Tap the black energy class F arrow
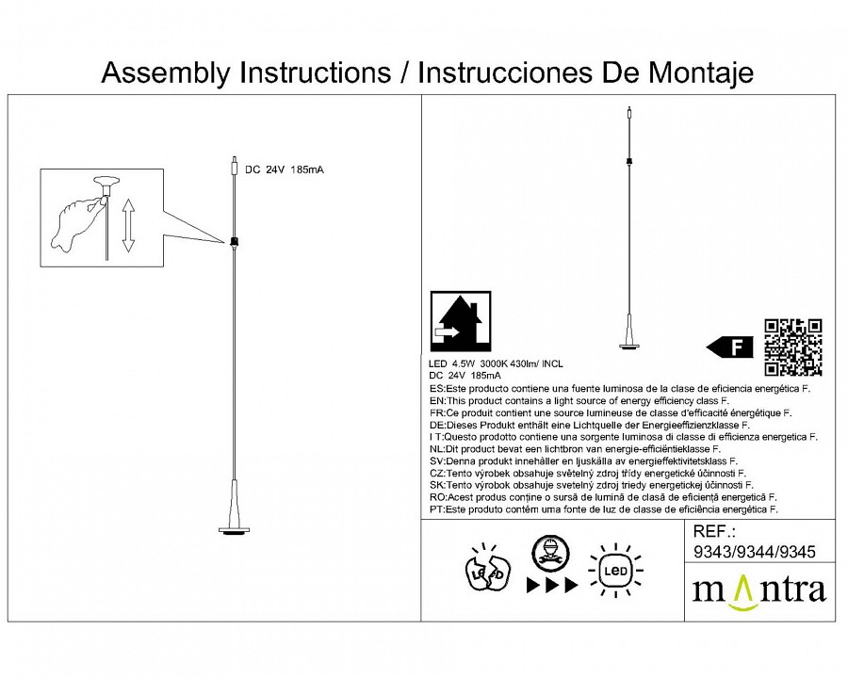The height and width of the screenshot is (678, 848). coord(731,347)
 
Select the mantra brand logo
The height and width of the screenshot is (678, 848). coord(758,589)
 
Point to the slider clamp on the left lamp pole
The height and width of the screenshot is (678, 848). coord(232,241)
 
